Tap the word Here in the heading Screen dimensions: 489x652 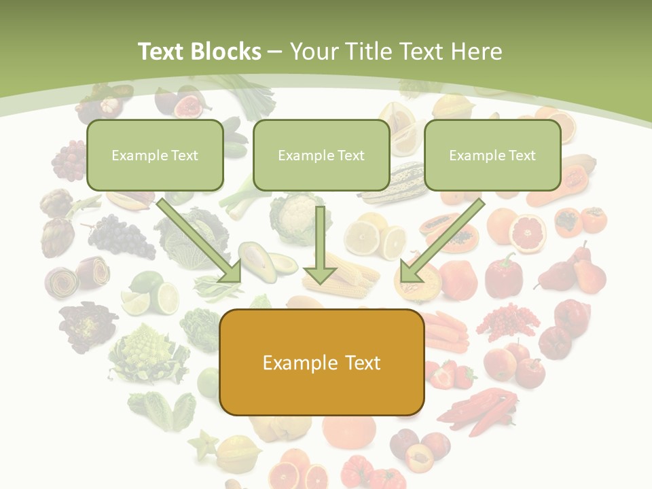[x=475, y=52]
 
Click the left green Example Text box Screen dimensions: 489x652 [x=155, y=155]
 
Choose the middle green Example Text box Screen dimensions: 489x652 [x=321, y=155]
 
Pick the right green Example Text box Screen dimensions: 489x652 [x=492, y=155]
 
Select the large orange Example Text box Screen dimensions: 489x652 [x=322, y=363]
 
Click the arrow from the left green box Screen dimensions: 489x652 [x=200, y=242]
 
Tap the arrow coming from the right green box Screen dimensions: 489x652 [x=441, y=242]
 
